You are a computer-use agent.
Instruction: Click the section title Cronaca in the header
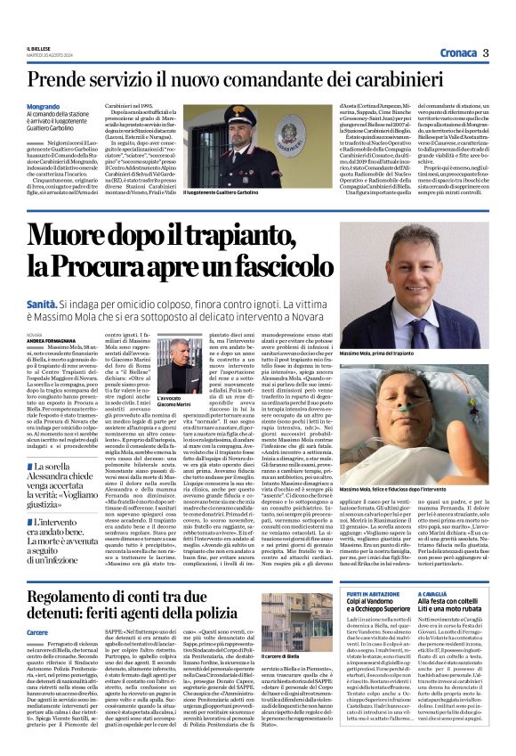456,53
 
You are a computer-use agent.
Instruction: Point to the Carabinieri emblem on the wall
213,126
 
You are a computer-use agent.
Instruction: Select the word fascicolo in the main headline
270,263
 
